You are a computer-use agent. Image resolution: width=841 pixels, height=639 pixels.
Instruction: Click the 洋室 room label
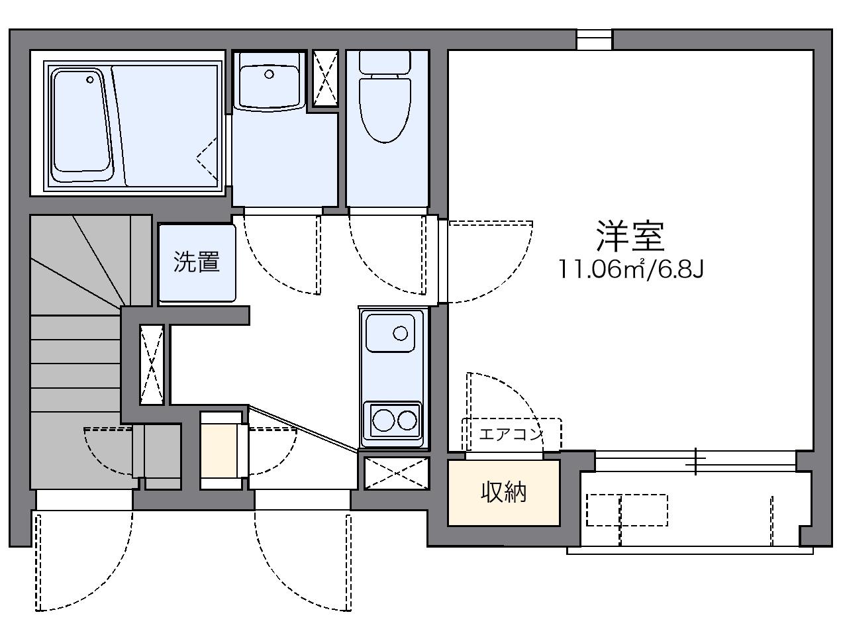[630, 236]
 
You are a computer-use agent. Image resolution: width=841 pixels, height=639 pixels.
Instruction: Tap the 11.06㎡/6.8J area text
[629, 270]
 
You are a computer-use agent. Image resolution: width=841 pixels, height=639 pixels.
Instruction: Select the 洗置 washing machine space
[197, 262]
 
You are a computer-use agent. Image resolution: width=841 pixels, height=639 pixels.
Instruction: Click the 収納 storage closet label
[503, 492]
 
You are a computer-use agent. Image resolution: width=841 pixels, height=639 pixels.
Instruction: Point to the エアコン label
[511, 434]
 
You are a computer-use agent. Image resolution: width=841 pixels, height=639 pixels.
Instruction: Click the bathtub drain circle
[90, 80]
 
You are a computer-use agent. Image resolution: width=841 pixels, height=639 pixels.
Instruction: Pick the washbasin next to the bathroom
[270, 81]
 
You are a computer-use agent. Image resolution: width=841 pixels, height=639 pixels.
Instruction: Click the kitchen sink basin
[391, 332]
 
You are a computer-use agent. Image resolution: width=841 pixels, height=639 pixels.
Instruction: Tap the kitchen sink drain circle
[400, 332]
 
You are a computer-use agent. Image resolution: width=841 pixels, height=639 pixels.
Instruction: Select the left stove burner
[382, 419]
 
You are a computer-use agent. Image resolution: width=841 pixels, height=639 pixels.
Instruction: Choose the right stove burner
[407, 419]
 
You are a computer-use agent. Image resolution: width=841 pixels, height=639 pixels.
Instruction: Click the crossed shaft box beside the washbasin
[324, 78]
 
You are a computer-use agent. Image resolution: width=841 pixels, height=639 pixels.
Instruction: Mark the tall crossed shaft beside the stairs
[152, 365]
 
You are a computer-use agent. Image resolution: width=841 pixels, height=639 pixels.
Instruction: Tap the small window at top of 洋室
[594, 40]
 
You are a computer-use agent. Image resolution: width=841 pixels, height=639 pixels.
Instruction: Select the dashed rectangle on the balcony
[626, 510]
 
